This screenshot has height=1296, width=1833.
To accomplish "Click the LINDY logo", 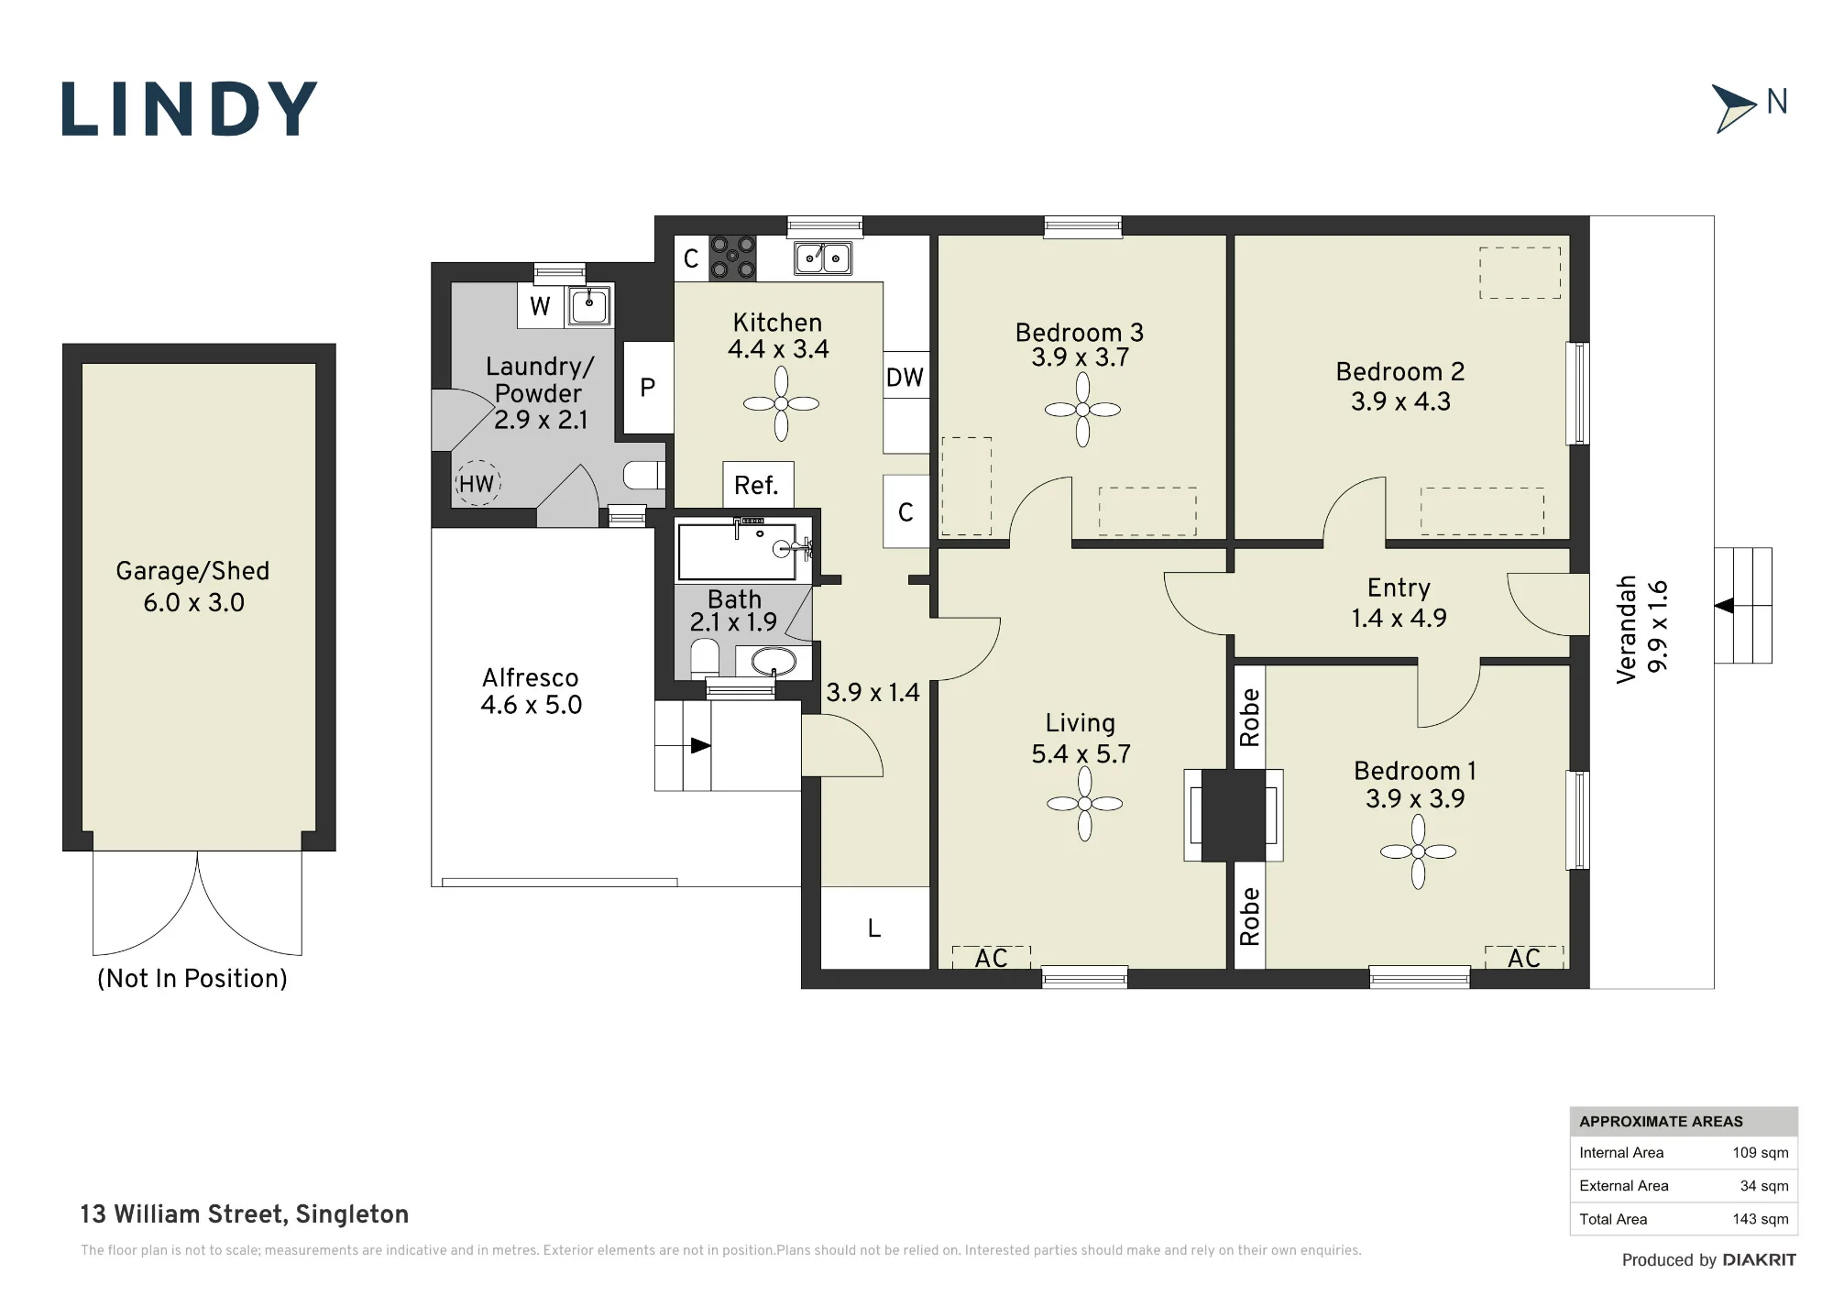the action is [190, 109].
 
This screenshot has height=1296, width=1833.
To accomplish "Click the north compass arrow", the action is [1732, 109].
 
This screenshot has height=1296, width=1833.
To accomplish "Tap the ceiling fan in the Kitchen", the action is [781, 403].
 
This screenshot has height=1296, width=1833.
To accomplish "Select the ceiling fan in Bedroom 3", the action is [1082, 410].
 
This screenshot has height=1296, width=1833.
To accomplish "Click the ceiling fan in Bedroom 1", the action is [1418, 851].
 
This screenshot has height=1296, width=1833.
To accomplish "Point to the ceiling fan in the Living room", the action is [1085, 804].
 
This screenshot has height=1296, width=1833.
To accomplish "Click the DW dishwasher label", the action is [905, 378].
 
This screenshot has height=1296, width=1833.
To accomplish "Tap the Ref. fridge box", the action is [758, 485].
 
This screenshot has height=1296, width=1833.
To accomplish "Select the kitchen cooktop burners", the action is [733, 258].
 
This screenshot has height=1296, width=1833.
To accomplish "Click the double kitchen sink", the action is [823, 258].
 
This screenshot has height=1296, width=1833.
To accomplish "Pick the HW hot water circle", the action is [477, 483].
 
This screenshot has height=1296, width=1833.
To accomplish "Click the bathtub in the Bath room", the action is [737, 552].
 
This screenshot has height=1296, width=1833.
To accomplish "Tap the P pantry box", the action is [648, 388].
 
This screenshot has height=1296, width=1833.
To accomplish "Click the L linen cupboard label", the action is [874, 929].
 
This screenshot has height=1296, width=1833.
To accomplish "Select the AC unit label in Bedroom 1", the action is [1524, 959].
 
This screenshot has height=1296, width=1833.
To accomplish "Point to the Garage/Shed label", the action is [192, 571].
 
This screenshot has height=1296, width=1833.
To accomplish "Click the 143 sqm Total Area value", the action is [1761, 1219].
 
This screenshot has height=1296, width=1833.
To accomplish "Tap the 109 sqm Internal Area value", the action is [1761, 1153].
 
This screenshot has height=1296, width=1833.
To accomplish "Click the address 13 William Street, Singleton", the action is [245, 1214].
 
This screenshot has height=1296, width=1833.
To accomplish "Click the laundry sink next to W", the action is [589, 304].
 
